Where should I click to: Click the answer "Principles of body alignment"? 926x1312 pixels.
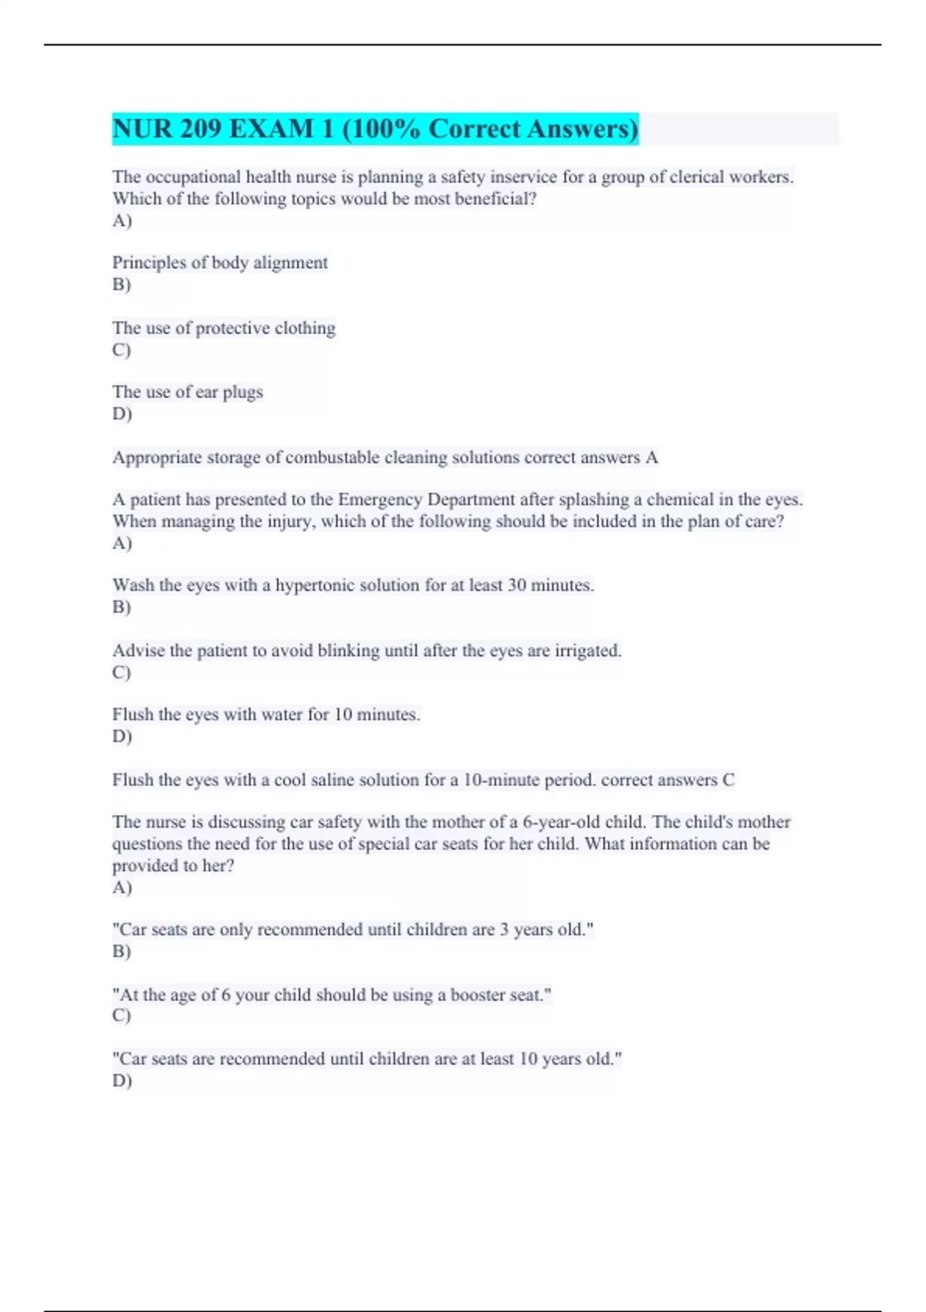(220, 263)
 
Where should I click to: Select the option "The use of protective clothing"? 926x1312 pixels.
(224, 328)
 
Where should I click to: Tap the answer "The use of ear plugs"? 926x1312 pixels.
(188, 392)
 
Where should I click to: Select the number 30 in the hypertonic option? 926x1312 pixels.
(516, 586)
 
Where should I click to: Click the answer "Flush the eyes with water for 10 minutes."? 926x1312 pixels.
(266, 715)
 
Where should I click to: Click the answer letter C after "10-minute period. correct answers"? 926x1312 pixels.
(728, 780)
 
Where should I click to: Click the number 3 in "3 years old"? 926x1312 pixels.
(504, 930)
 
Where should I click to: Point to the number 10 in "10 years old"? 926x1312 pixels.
(528, 1060)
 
